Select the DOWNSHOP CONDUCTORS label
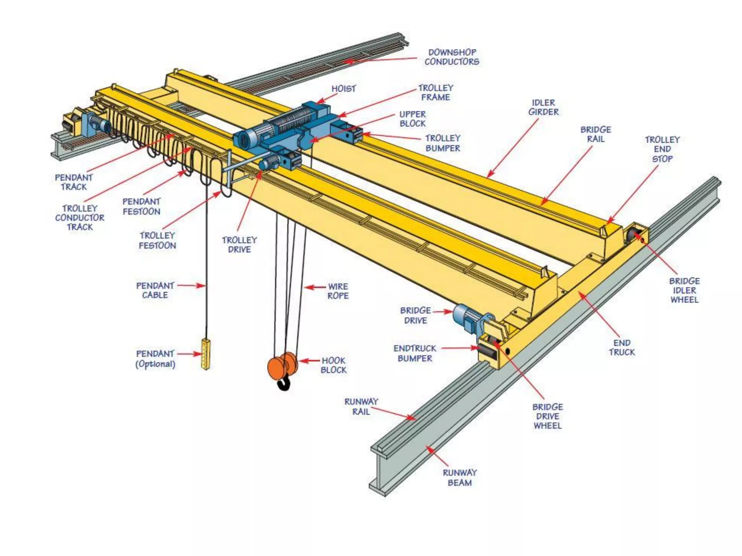(452, 57)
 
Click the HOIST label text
(343, 89)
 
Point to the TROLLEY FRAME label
(436, 93)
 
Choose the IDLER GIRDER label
(543, 108)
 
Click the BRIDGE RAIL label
(596, 134)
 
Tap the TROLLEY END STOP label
(662, 149)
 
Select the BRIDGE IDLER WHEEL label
(684, 290)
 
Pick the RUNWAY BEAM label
(460, 477)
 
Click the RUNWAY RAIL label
(361, 407)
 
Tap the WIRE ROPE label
(338, 291)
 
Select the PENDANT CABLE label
(155, 290)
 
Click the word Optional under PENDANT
(155, 364)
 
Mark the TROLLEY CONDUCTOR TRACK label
(80, 218)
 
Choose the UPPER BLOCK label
(413, 119)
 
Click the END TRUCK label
(622, 347)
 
